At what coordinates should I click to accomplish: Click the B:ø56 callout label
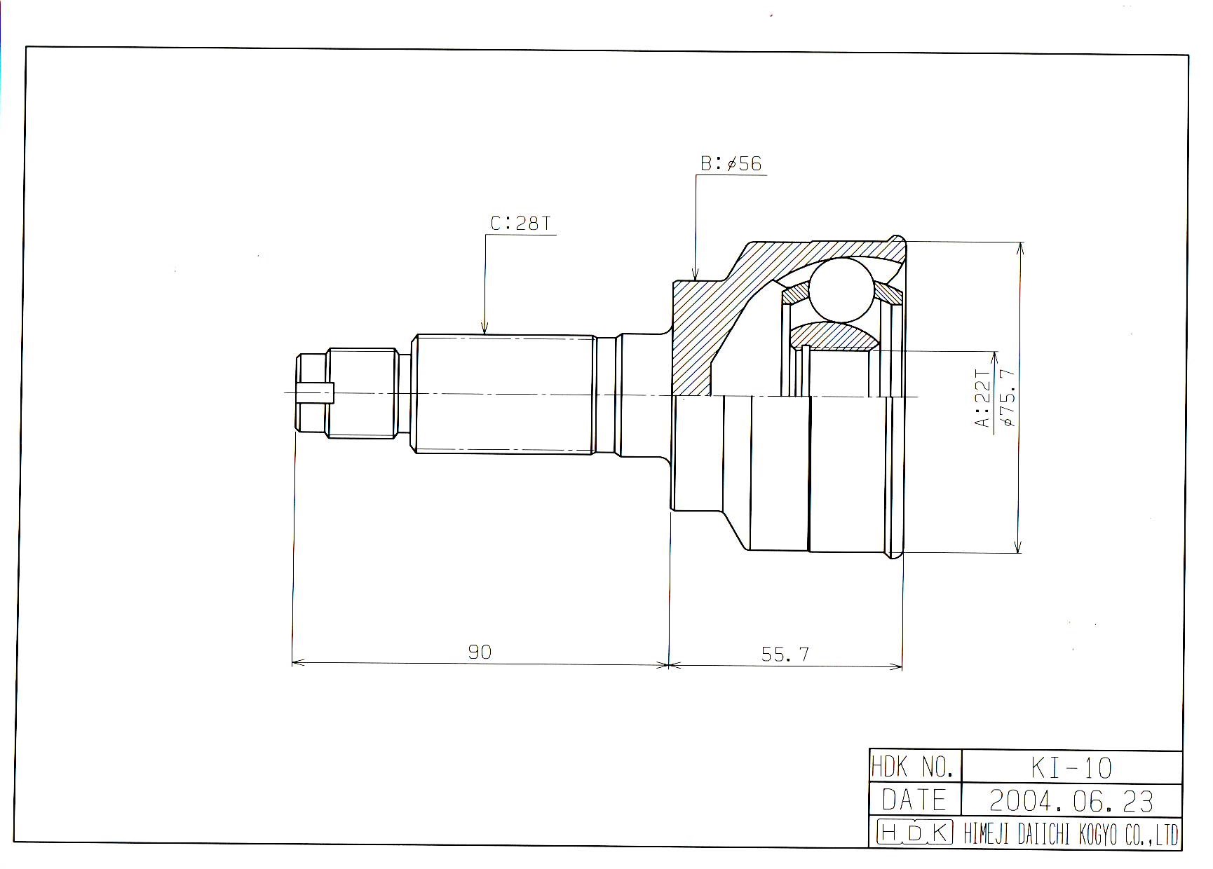[x=731, y=163]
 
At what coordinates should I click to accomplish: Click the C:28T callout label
[x=520, y=224]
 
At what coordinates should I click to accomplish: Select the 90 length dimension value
[x=480, y=652]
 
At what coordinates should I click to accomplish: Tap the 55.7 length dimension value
[x=785, y=654]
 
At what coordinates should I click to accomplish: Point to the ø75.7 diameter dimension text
[x=1008, y=397]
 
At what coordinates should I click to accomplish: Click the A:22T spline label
[x=983, y=398]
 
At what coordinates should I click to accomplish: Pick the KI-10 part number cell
[x=1071, y=768]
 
